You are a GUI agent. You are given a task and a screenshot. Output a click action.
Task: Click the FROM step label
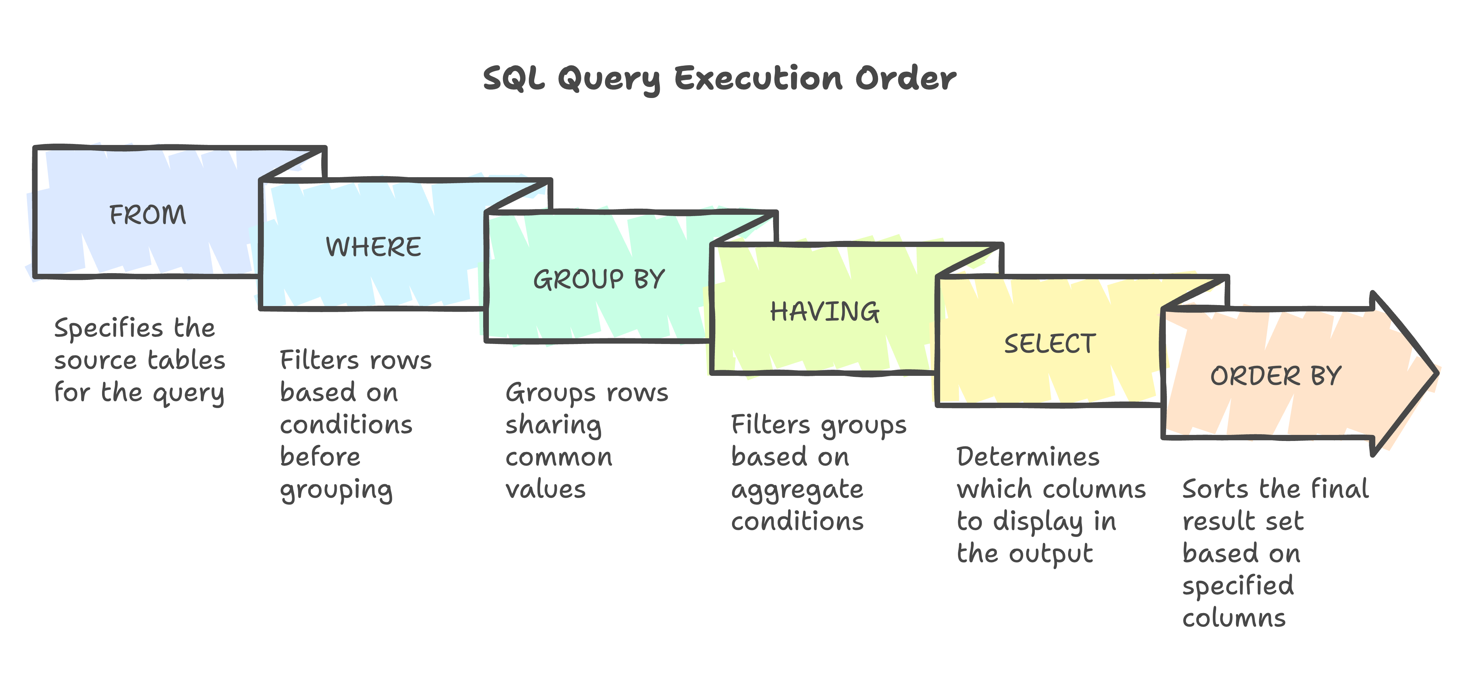point(147,215)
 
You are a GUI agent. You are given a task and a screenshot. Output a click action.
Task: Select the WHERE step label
point(373,247)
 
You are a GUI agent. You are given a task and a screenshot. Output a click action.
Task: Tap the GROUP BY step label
point(599,280)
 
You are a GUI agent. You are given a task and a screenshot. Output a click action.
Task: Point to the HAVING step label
point(825,312)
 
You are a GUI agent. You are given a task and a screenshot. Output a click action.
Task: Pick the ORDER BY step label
point(1276,376)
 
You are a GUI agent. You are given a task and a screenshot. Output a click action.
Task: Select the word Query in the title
point(608,80)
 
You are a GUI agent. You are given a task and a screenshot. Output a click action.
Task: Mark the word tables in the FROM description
point(186,360)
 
